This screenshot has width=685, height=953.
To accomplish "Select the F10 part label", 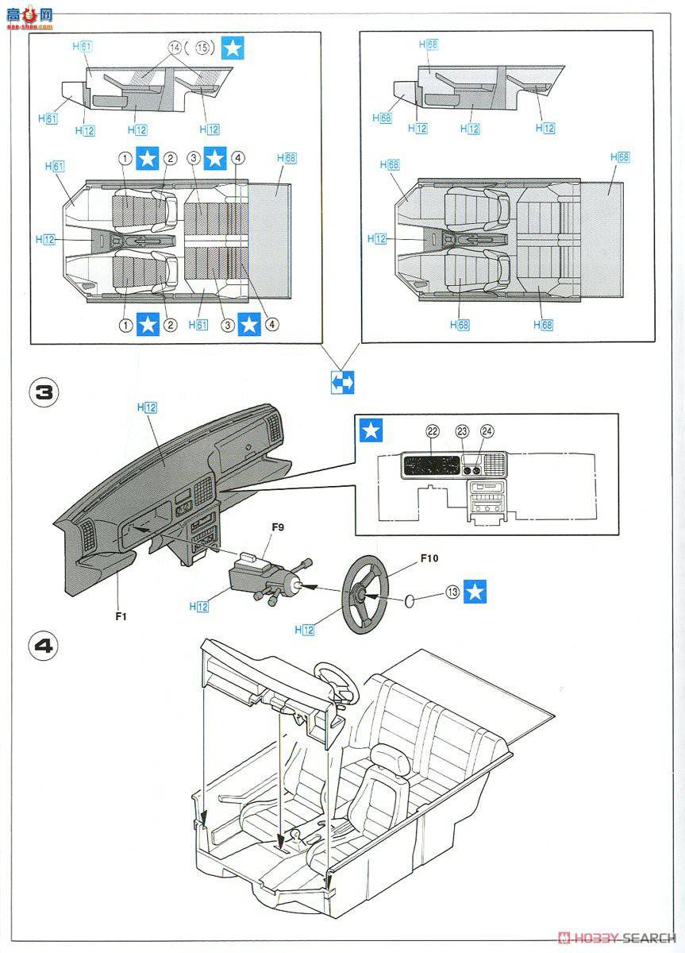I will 429,558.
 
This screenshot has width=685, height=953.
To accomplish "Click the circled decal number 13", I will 453,591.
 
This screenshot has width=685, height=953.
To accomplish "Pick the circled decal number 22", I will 432,430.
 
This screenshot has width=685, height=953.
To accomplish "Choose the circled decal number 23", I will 463,430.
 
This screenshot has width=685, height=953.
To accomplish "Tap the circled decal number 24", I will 487,430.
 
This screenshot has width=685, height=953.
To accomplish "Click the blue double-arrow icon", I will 342,382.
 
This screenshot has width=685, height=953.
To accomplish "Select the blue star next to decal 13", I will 476,591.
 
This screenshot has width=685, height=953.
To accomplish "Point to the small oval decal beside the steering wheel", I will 409,601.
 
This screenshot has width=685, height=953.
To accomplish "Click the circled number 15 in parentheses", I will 202,48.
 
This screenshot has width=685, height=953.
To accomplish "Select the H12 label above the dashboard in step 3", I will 147,407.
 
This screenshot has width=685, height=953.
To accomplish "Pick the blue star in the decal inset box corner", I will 370,431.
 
